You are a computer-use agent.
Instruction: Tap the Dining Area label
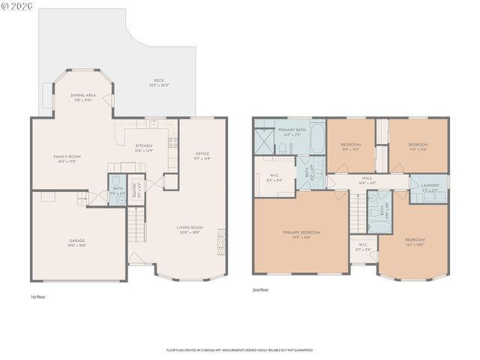[x=82, y=97]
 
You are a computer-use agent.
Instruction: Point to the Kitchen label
[x=143, y=148]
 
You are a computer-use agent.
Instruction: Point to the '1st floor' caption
[x=38, y=297]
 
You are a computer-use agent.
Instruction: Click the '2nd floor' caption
[x=261, y=289]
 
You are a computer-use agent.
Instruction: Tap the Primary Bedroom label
[x=301, y=235]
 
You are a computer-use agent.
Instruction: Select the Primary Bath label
[x=292, y=132]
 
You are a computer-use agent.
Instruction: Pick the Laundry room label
[x=430, y=187]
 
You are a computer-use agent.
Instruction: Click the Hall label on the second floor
[x=367, y=180]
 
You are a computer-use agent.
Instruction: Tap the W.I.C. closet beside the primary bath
[x=274, y=178]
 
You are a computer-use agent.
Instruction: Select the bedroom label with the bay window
[x=415, y=242]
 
